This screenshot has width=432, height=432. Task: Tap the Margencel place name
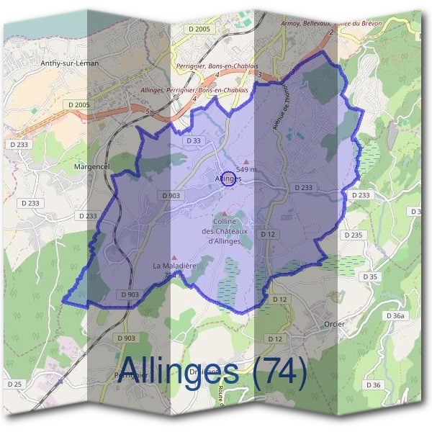(x=91, y=166)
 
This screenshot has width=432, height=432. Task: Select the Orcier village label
(x=334, y=324)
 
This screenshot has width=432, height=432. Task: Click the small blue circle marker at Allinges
(x=228, y=178)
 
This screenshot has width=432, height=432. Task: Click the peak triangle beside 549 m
(x=247, y=161)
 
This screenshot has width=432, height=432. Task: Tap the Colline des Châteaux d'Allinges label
(x=228, y=231)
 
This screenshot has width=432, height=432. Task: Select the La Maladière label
(x=174, y=266)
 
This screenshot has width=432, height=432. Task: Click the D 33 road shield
(x=192, y=141)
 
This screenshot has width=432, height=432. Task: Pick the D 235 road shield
(x=354, y=235)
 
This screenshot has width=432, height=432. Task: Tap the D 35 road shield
(x=370, y=277)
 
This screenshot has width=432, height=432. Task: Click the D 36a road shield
(x=395, y=316)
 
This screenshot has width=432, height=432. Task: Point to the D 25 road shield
(x=15, y=384)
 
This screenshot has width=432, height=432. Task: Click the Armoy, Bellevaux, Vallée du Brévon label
(x=332, y=24)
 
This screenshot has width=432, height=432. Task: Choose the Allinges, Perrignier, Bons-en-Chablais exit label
(x=207, y=90)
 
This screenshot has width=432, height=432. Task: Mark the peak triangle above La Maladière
(x=174, y=256)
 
